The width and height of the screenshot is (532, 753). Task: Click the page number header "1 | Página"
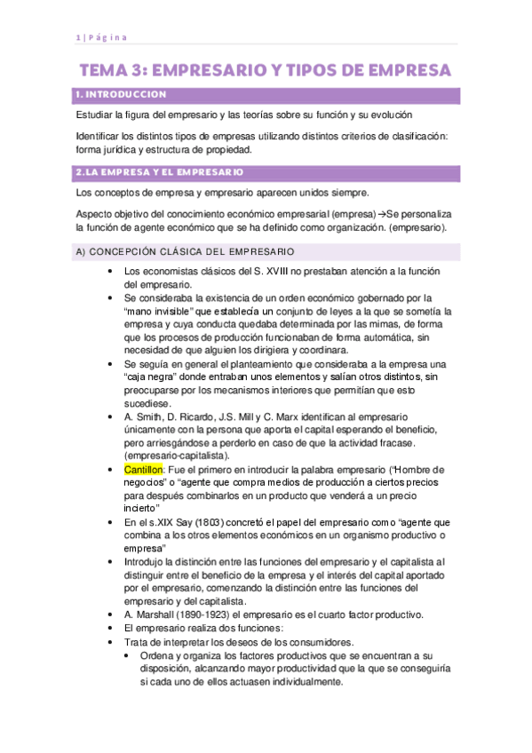click(x=100, y=36)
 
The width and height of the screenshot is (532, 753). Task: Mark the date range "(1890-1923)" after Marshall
click(x=206, y=614)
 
